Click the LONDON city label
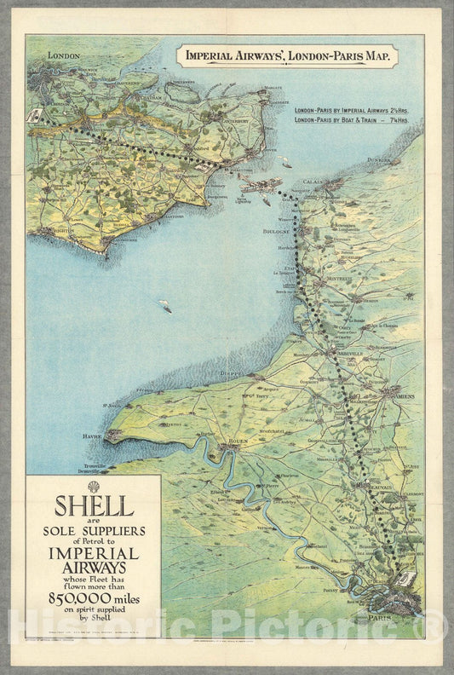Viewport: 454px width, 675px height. pos(64,56)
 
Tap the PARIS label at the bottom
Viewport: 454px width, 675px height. pos(380,616)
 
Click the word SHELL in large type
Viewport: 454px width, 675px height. pos(94,505)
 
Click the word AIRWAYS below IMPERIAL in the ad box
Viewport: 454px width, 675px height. pos(94,567)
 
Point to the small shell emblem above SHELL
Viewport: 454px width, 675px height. pos(94,486)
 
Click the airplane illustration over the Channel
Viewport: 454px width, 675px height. pos(261,186)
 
